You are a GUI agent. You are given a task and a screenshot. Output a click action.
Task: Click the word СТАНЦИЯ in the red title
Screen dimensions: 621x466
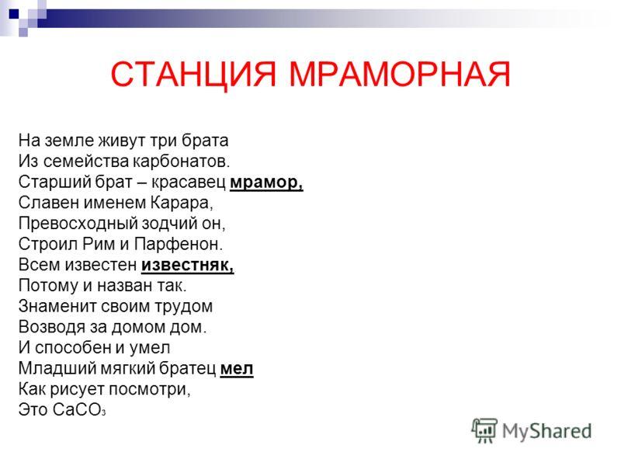(x=193, y=74)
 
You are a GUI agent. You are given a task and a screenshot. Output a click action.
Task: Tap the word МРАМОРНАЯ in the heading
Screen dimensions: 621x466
(x=400, y=74)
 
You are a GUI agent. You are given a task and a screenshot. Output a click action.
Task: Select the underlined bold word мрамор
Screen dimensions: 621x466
(x=266, y=183)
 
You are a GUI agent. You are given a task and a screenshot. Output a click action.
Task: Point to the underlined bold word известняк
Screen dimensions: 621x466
(x=187, y=265)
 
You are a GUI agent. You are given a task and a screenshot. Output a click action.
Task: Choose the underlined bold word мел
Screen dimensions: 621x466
(x=237, y=368)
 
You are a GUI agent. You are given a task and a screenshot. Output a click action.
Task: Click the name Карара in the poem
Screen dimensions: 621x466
(x=182, y=203)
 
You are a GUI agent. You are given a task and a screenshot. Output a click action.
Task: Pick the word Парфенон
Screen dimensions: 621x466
(x=179, y=244)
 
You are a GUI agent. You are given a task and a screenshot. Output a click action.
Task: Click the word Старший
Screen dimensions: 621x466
(x=54, y=183)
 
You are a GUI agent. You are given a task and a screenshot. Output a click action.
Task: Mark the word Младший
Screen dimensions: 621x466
(x=57, y=368)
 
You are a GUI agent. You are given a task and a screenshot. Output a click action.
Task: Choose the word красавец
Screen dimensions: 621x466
(x=188, y=183)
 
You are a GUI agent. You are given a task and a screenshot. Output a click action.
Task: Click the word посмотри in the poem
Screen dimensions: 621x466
(x=149, y=389)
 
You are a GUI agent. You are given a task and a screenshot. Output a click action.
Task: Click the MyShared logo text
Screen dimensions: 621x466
(x=546, y=431)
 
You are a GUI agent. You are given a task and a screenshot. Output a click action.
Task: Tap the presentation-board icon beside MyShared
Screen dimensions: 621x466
(x=484, y=430)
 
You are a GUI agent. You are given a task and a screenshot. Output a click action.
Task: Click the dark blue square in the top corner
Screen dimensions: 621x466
(x=14, y=14)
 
